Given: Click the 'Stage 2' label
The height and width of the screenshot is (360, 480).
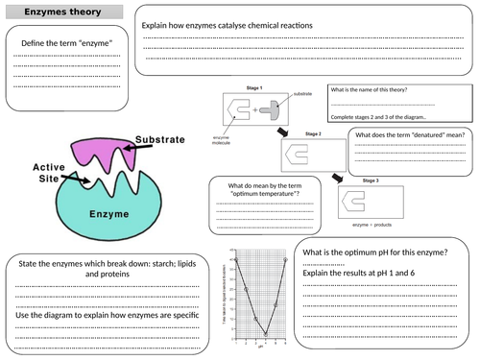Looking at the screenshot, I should [313, 133].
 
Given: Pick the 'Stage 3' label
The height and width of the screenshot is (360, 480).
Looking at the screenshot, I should [371, 180].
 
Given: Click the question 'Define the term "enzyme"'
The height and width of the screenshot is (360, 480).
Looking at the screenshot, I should [65, 45].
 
